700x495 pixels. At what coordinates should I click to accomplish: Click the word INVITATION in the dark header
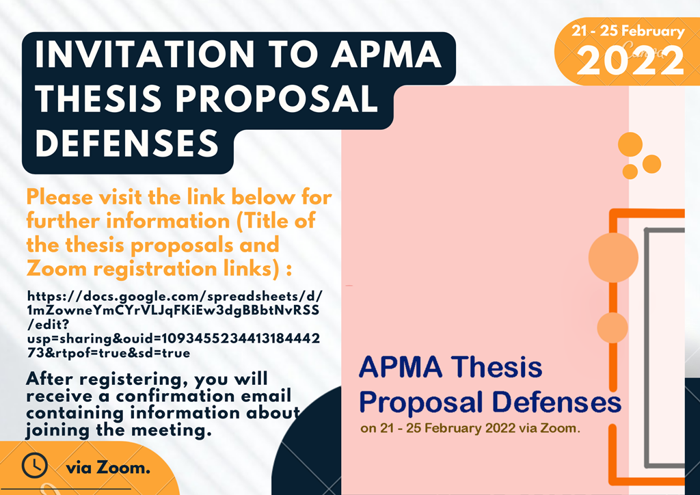[x=144, y=55]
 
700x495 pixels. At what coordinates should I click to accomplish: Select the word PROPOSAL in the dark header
[x=277, y=98]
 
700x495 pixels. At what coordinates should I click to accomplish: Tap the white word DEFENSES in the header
[x=126, y=143]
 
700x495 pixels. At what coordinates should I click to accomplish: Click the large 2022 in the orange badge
[x=630, y=61]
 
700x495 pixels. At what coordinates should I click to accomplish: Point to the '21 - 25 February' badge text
[x=628, y=31]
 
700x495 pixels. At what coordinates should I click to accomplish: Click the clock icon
[x=34, y=466]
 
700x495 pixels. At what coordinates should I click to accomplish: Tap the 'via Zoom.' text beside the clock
[x=108, y=468]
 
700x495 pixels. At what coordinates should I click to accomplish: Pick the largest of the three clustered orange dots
[x=630, y=144]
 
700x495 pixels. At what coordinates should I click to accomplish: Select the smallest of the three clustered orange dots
[x=630, y=172]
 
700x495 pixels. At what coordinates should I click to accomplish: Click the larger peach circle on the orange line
[x=613, y=258]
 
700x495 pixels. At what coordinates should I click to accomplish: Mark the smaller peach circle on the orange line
[x=612, y=327]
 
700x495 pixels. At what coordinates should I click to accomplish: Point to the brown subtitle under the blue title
[x=470, y=429]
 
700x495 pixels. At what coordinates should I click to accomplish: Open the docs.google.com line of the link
[x=174, y=296]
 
